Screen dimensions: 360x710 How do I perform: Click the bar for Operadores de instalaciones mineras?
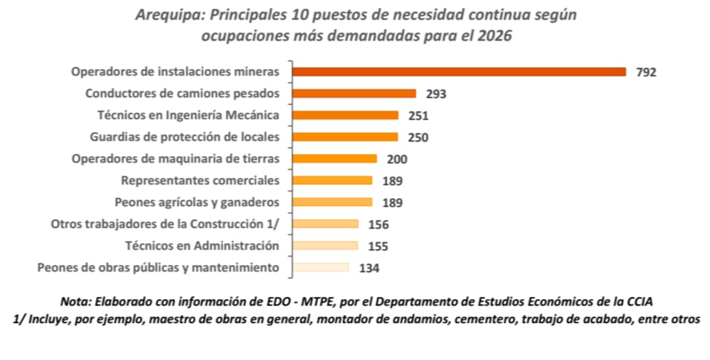coord(459,71)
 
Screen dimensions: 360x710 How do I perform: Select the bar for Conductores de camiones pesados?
coord(354,93)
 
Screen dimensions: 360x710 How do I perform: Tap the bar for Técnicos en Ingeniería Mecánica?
coord(345,115)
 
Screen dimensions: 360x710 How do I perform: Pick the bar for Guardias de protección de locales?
coord(345,136)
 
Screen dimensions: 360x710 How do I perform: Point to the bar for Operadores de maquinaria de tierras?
coord(334,158)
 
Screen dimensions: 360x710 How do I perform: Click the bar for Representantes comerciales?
coord(332,180)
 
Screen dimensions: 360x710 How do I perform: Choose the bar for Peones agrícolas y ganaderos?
coord(332,202)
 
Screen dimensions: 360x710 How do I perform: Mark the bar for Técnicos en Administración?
coord(325,245)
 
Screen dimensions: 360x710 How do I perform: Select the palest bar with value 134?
coord(320,267)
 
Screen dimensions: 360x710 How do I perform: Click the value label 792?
coord(645,72)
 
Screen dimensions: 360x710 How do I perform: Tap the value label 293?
coord(436,94)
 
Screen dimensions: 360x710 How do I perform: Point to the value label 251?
coord(418,115)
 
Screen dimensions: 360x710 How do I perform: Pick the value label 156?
coord(378,224)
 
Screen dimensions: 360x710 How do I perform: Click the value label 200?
coord(396,159)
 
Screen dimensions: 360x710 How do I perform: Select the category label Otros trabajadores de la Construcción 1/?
coord(165,224)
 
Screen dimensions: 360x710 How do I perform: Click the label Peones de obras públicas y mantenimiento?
coord(158,267)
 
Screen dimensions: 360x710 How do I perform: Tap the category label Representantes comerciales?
coord(200,180)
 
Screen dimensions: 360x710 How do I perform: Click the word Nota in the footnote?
coord(75,301)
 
